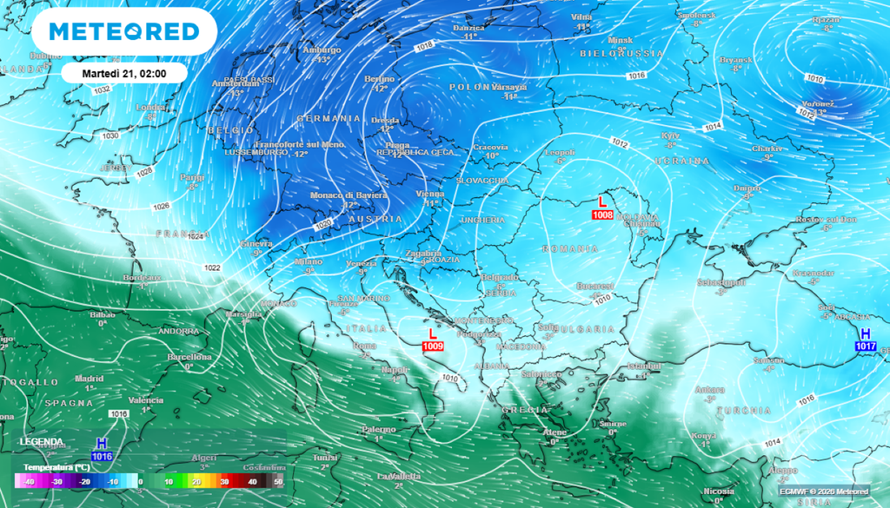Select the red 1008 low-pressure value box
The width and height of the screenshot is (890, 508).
(601, 214)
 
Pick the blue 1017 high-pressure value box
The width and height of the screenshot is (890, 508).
(865, 346)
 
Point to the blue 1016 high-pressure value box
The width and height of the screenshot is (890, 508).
(102, 456)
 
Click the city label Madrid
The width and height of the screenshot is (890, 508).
(89, 379)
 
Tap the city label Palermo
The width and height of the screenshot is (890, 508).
(378, 429)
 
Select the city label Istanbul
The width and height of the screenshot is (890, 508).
(644, 366)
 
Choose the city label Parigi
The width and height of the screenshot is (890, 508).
(192, 177)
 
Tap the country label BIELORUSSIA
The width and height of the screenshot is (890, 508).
(621, 54)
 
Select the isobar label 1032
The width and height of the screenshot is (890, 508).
(102, 89)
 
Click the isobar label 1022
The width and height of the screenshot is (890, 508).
(212, 267)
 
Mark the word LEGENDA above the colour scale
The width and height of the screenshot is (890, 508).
(42, 442)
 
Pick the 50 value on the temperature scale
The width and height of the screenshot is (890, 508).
(278, 481)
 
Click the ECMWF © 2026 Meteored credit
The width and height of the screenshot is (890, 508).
(823, 492)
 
